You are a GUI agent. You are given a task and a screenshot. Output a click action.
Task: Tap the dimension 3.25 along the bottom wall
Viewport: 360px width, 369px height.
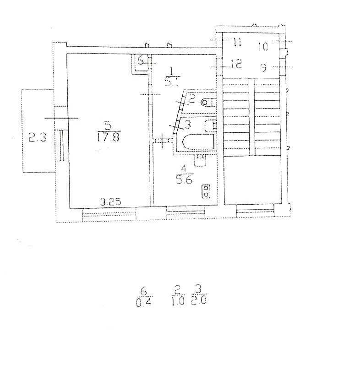point(111,202)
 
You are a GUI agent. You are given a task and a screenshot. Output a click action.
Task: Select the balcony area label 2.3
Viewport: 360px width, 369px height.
point(38,137)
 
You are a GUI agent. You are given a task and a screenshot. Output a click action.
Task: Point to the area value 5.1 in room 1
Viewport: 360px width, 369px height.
point(172,82)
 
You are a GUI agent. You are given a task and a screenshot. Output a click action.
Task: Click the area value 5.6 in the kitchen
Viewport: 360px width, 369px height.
point(184,180)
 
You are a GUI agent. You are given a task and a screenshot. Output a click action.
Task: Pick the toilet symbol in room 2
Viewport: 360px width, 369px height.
point(208,103)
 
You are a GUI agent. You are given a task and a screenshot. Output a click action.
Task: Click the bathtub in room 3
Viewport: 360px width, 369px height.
point(198,142)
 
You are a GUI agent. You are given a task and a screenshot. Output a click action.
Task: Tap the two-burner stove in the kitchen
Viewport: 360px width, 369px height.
point(206,191)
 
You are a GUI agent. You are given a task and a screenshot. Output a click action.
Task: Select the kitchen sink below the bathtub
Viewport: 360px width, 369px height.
point(200,160)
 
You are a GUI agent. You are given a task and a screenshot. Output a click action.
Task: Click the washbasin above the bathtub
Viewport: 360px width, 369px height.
point(211,125)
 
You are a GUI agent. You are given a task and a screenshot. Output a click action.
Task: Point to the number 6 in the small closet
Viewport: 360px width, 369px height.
point(140,60)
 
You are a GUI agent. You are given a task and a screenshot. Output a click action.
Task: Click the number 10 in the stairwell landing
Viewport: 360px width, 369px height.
point(263,47)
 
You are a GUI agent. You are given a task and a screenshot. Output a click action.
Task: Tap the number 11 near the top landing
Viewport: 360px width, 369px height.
point(237,43)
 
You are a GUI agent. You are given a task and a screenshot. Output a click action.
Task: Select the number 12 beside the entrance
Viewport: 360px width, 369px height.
point(236,64)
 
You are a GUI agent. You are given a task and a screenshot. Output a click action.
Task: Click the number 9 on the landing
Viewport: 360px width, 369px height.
point(264,68)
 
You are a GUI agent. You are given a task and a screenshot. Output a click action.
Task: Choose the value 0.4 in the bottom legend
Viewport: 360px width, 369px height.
point(144,303)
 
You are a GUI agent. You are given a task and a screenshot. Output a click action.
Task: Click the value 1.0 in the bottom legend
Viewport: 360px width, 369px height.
point(178,301)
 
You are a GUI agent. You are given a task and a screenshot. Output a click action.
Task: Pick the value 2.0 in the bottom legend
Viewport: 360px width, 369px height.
point(198,300)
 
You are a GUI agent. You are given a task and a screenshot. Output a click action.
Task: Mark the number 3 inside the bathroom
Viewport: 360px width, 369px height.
point(188,125)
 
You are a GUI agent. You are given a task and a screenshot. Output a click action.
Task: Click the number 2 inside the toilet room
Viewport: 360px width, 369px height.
point(191,98)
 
